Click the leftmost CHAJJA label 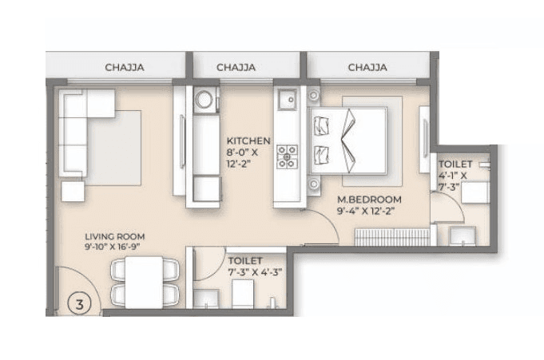point(124,68)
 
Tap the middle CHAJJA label point(236,68)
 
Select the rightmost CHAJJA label point(367,68)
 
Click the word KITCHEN point(248,140)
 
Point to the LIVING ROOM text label point(115,236)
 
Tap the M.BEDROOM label point(368,200)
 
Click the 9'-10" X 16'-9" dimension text point(116,247)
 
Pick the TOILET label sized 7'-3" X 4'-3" point(244,261)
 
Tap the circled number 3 point(78,303)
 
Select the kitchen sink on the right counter point(286,100)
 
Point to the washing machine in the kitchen point(204,101)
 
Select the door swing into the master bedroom point(320,227)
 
